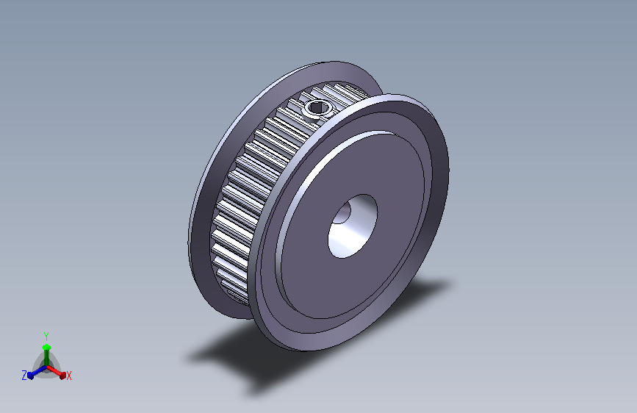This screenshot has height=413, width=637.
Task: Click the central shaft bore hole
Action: [x=353, y=226]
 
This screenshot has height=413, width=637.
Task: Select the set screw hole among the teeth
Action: [x=317, y=107]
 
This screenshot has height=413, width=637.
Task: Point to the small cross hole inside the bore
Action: [x=343, y=213]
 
